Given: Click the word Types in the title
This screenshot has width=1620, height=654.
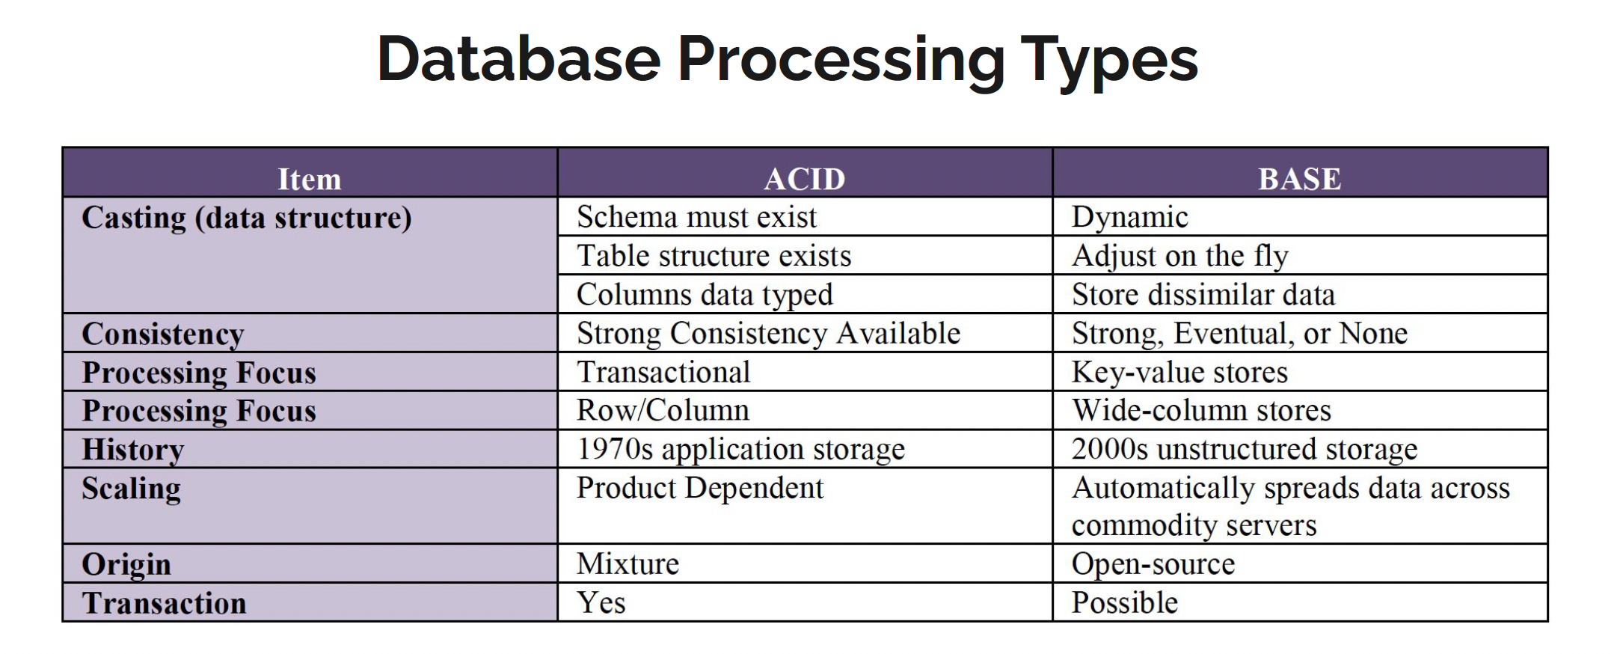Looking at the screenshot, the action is (x=1108, y=61).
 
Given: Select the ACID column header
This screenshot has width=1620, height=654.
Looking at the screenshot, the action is (x=804, y=179).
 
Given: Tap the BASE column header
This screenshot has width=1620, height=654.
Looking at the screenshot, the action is (x=1299, y=179).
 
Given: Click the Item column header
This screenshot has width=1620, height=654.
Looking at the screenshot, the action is (x=309, y=179).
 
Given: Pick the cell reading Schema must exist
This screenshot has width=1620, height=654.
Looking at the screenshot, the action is (x=696, y=218).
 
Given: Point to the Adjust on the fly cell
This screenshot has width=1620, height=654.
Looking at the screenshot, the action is (x=1179, y=257).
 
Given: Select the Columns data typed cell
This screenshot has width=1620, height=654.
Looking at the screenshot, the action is (x=704, y=295).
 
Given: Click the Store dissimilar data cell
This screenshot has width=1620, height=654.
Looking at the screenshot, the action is (x=1203, y=295).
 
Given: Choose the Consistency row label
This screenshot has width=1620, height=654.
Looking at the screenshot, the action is (x=163, y=334).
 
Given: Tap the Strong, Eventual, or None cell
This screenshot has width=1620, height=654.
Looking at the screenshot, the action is (x=1239, y=334).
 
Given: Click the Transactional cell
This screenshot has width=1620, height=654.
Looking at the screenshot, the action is (x=663, y=373).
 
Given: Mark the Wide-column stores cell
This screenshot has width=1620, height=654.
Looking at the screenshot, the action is (x=1201, y=411).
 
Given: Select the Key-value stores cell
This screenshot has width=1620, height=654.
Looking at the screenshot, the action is (x=1179, y=373).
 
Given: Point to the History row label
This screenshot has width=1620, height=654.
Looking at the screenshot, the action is (x=133, y=450).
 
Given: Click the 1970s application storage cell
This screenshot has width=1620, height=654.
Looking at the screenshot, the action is (x=740, y=450).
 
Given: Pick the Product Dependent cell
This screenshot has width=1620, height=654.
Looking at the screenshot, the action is (x=699, y=489).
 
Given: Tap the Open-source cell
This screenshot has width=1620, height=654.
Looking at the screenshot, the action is (x=1153, y=564).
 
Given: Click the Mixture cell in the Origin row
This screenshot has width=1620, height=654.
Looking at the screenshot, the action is (x=628, y=564).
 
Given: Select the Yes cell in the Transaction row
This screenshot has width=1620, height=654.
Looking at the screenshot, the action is (x=601, y=603).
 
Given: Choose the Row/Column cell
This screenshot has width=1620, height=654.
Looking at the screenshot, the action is (x=663, y=411).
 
